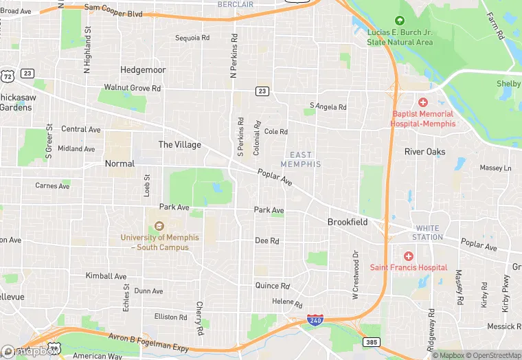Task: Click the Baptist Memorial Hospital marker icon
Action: pyautogui.click(x=422, y=102)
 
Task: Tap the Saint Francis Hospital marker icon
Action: pyautogui.click(x=409, y=256)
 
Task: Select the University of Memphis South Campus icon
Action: pyautogui.click(x=159, y=226)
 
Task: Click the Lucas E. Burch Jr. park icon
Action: pyautogui.click(x=400, y=21)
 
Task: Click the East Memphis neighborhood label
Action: pyautogui.click(x=301, y=159)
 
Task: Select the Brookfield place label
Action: pyautogui.click(x=347, y=222)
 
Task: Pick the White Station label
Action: pyautogui.click(x=427, y=232)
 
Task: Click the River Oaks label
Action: pyautogui.click(x=424, y=152)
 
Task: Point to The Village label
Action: pyautogui.click(x=180, y=145)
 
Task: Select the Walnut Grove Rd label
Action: pyautogui.click(x=132, y=88)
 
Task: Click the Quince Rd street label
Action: pyautogui.click(x=272, y=286)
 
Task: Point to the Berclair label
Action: pyautogui.click(x=236, y=4)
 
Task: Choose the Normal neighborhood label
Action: pyautogui.click(x=120, y=164)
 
